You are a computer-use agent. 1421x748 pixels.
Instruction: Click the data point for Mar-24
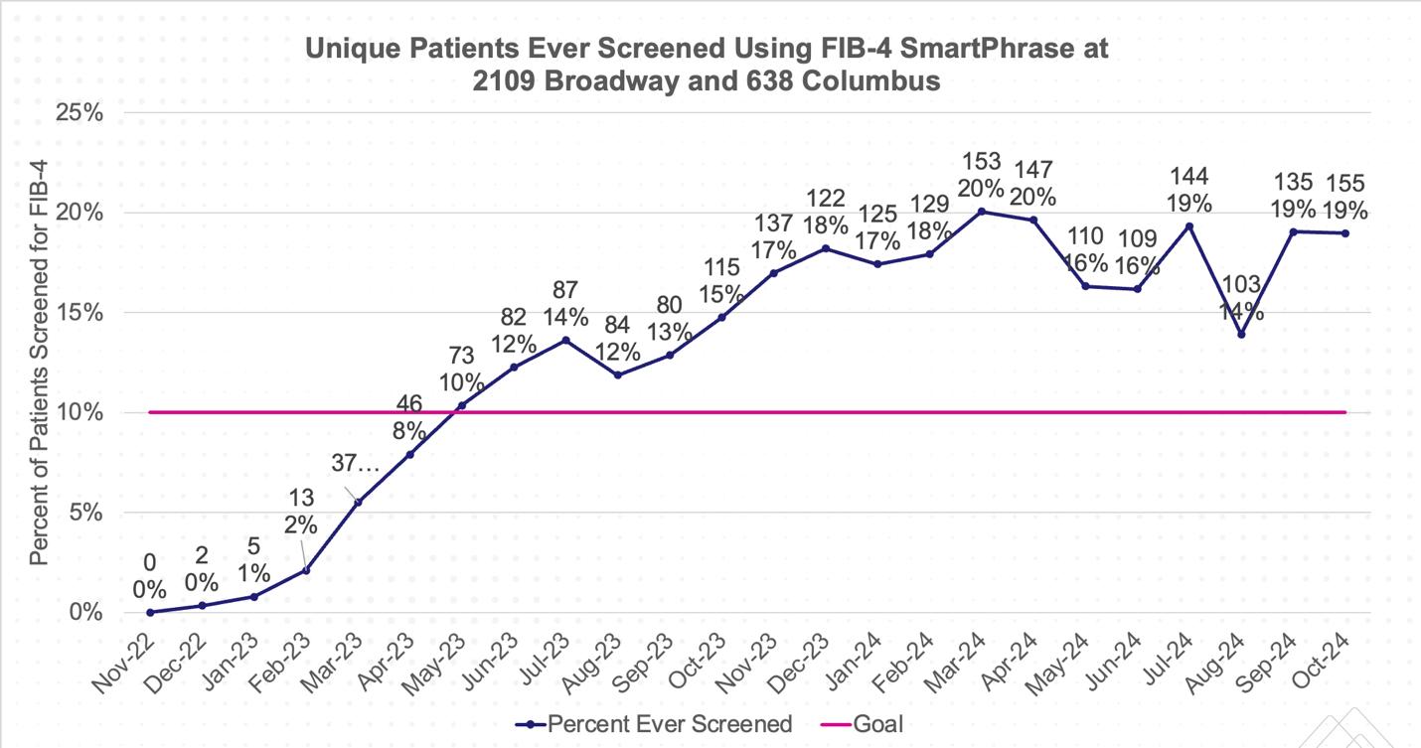point(981,212)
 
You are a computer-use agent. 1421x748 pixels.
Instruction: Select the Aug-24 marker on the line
point(1241,335)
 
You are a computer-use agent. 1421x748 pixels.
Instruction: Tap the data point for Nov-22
point(149,612)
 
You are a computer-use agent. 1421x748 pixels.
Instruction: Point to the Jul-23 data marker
point(565,341)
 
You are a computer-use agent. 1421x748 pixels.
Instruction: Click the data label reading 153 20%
point(981,175)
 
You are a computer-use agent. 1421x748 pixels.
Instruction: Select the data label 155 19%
point(1344,197)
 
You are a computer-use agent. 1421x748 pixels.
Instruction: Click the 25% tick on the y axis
point(80,112)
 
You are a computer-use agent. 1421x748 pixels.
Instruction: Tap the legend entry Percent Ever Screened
point(657,723)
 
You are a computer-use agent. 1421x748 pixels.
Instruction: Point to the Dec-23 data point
point(826,247)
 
